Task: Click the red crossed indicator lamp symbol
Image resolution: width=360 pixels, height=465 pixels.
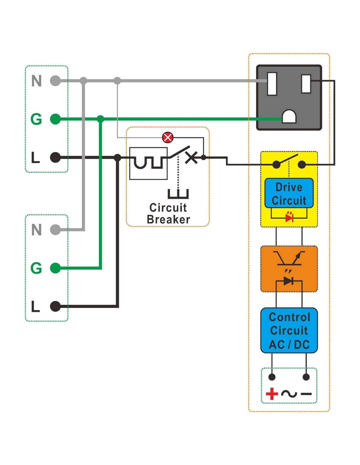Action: point(168,137)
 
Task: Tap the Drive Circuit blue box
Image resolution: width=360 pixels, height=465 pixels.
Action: point(289,193)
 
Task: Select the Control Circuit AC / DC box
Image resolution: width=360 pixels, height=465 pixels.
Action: point(289,330)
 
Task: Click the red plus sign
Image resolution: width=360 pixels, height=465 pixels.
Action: point(272,394)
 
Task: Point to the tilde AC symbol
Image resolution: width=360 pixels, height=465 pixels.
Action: point(289,394)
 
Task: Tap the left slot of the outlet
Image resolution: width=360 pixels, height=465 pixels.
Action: point(272,84)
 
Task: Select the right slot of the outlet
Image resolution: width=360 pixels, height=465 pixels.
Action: point(306,84)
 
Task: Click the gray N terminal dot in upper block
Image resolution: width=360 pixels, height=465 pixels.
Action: point(56,81)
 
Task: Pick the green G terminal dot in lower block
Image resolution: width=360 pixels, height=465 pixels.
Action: point(56,268)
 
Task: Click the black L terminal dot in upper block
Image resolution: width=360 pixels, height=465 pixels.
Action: point(56,157)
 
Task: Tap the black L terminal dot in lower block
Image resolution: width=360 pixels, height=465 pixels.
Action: point(56,306)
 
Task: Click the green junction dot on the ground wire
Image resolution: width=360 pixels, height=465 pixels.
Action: point(100,119)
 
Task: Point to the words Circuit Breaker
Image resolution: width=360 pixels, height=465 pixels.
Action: point(168,214)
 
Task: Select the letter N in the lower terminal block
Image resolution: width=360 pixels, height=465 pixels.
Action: point(37,230)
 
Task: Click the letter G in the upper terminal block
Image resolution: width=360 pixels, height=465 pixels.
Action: point(36,119)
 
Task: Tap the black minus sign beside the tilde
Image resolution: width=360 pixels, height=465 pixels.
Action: point(306,394)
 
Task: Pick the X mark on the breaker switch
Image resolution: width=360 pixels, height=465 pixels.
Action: point(191,158)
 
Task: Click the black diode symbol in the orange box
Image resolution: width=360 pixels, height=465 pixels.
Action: point(288,281)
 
